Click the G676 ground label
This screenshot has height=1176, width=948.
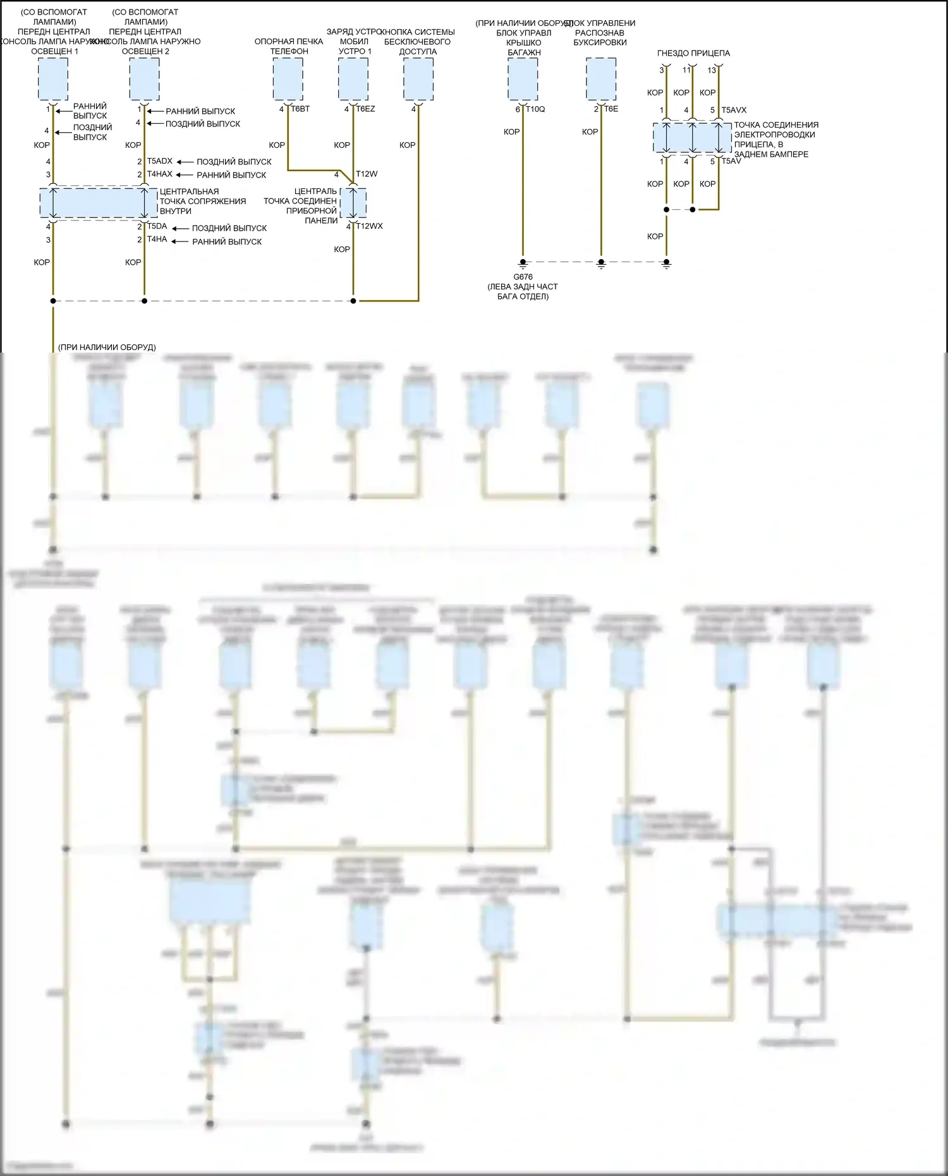coord(523,277)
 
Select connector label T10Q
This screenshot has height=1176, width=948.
coord(535,109)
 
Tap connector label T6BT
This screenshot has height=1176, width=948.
coord(300,109)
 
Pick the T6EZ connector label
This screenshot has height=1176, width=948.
coord(365,109)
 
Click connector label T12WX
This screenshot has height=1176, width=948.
coord(369,226)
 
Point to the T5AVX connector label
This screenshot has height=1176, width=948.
coord(734,110)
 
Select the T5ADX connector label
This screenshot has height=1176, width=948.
coord(159,161)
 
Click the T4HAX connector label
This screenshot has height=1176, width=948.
coord(159,174)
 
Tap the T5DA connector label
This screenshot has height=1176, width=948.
coord(157,226)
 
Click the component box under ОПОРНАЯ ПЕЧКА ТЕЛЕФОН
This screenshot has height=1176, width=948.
coord(288,79)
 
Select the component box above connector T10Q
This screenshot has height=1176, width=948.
coord(523,79)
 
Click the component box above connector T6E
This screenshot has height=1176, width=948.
coord(601,79)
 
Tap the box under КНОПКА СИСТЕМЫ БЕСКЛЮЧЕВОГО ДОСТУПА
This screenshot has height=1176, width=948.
coord(418,79)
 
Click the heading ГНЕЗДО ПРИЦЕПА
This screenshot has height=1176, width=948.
coord(693,54)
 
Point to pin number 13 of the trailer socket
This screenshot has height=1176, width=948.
coord(712,70)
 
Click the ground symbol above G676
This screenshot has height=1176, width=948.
coord(523,263)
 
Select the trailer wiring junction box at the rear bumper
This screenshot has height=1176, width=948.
coord(692,138)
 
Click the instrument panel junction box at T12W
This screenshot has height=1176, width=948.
coord(353,202)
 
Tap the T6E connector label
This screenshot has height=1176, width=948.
coord(611,109)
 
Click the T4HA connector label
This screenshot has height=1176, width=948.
coord(157,239)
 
